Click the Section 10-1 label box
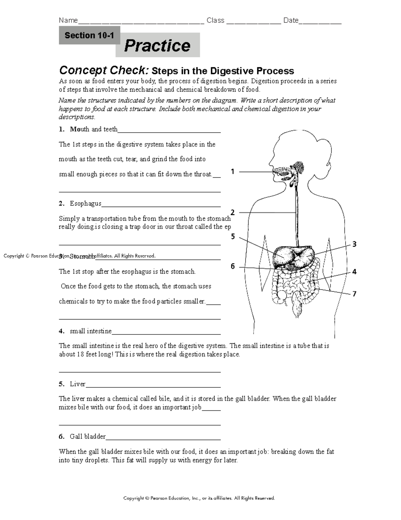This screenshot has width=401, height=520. pos(89,35)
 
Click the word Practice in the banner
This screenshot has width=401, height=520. pos(157,46)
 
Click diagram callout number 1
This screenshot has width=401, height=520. pos(233,172)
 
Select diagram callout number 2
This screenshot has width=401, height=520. pos(233,212)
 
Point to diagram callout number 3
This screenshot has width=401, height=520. pos(355,244)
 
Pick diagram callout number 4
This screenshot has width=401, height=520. pos(355,272)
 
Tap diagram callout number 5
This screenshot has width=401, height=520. pos(233,237)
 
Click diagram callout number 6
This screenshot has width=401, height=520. pos(233,267)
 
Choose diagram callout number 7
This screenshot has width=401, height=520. pos(355,294)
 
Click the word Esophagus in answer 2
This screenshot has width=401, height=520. pos(86,204)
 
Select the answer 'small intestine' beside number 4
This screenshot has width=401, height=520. pos(91,331)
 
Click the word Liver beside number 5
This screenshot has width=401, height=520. pos(78,384)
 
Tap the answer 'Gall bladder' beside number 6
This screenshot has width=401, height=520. pos(88,437)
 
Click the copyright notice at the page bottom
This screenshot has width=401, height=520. pos(199,498)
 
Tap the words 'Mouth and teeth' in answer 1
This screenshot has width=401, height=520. pos(94,129)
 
